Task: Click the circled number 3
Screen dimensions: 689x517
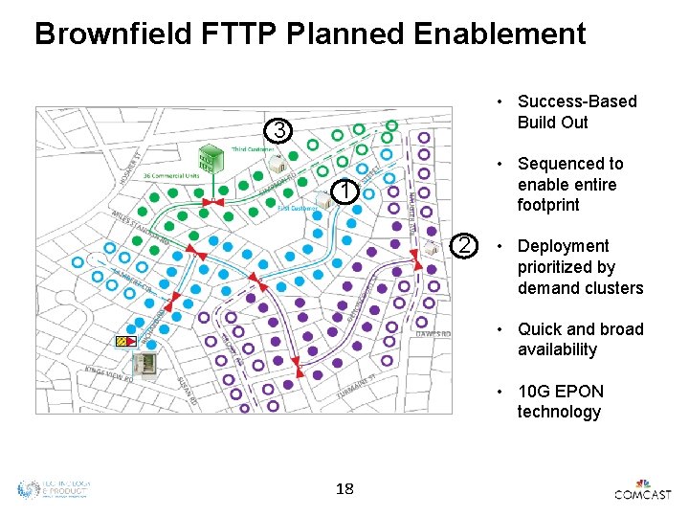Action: (278, 130)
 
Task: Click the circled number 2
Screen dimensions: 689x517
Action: (464, 246)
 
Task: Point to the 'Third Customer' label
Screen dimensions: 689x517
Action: (253, 149)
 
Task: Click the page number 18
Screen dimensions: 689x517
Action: (344, 489)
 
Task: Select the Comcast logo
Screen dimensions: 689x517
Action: (643, 490)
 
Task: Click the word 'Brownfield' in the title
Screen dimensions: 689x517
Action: (115, 34)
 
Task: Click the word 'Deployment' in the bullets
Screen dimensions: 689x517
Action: (563, 246)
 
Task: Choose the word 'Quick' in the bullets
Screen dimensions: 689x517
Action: (540, 329)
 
